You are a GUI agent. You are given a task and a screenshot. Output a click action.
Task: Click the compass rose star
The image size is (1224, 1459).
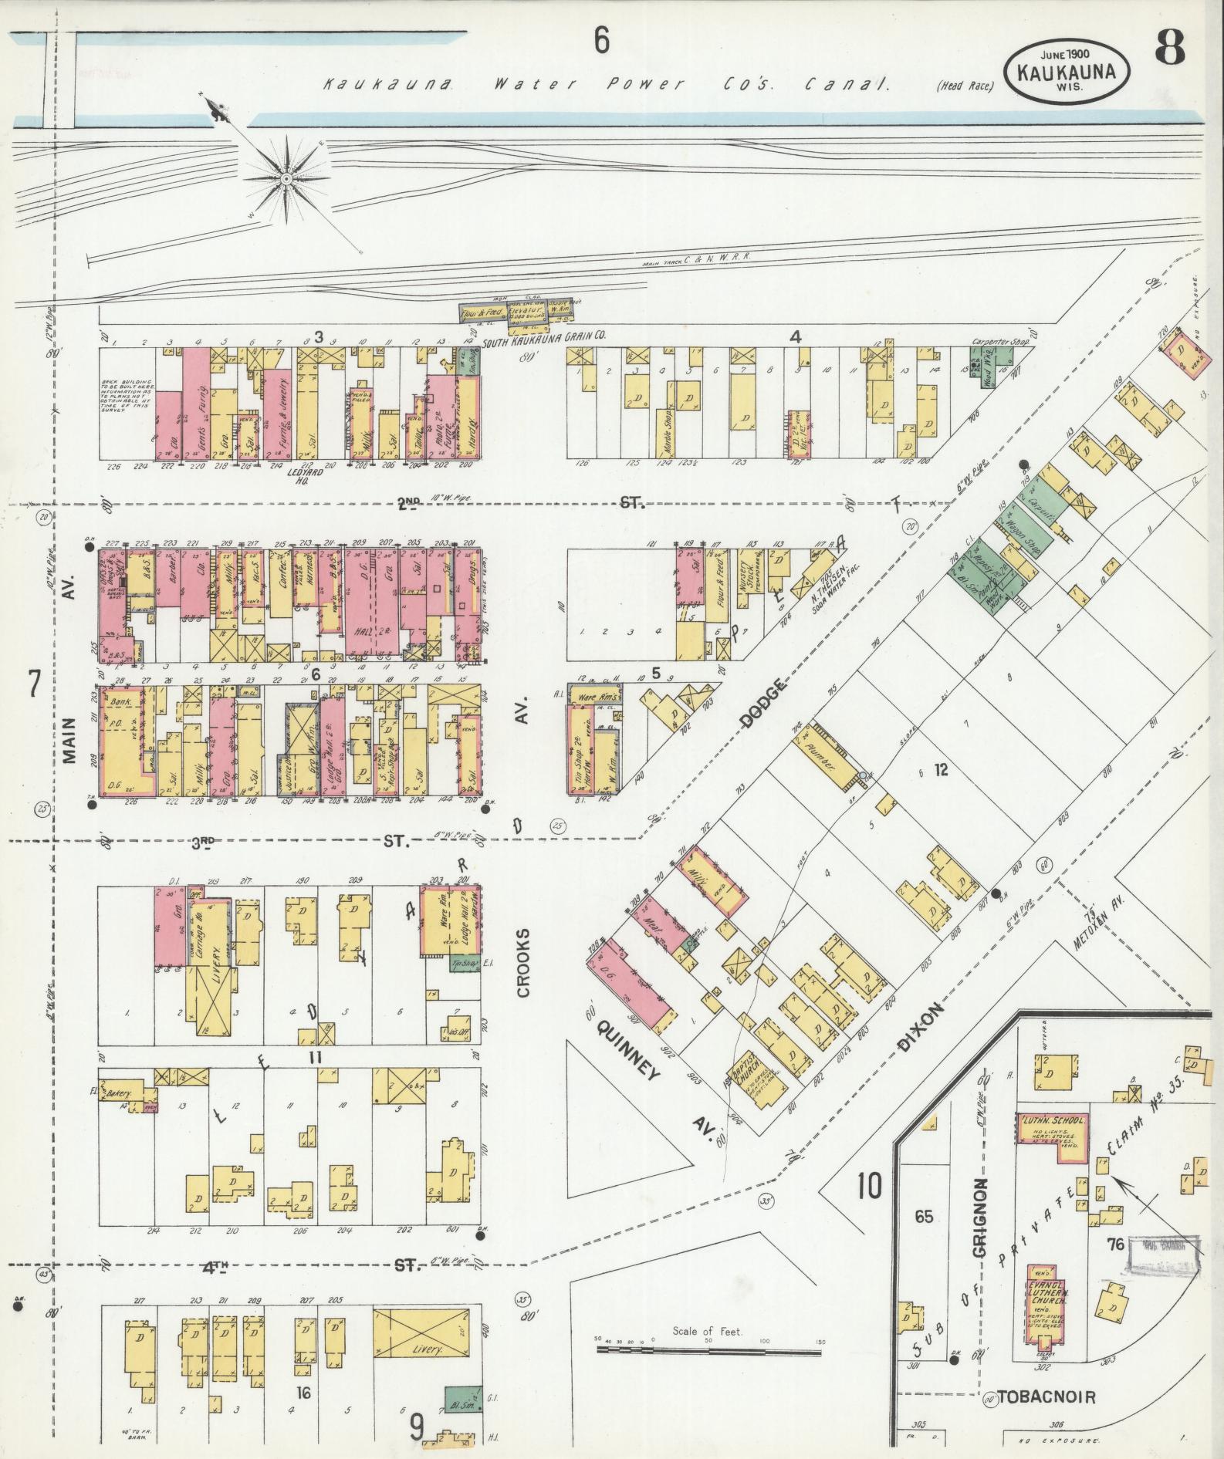tap(286, 178)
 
